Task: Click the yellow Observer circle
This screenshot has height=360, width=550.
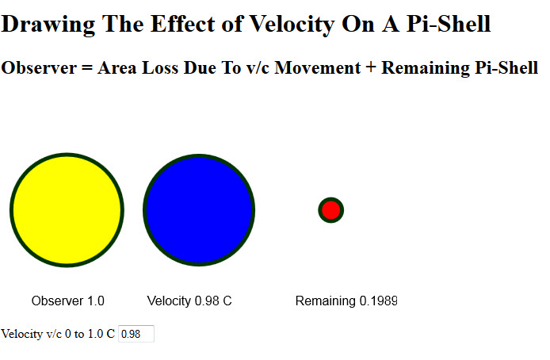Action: tap(67, 209)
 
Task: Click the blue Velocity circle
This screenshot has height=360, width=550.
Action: tap(199, 209)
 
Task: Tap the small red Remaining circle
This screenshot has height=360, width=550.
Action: tap(330, 210)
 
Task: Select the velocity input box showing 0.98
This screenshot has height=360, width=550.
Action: tap(136, 335)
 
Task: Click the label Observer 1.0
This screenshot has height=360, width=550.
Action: tap(68, 301)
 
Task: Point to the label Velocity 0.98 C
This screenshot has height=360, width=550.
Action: tap(189, 301)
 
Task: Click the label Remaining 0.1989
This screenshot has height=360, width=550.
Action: tap(346, 301)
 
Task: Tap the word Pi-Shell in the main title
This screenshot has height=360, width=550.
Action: tap(449, 25)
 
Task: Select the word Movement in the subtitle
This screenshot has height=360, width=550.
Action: tap(321, 68)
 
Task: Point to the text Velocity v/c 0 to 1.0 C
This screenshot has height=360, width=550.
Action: tap(58, 335)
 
